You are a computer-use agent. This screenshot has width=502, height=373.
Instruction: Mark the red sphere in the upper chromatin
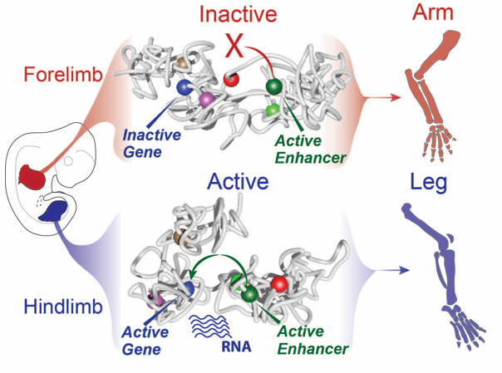point(232,79)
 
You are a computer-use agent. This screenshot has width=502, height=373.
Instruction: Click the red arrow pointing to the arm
point(386,98)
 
